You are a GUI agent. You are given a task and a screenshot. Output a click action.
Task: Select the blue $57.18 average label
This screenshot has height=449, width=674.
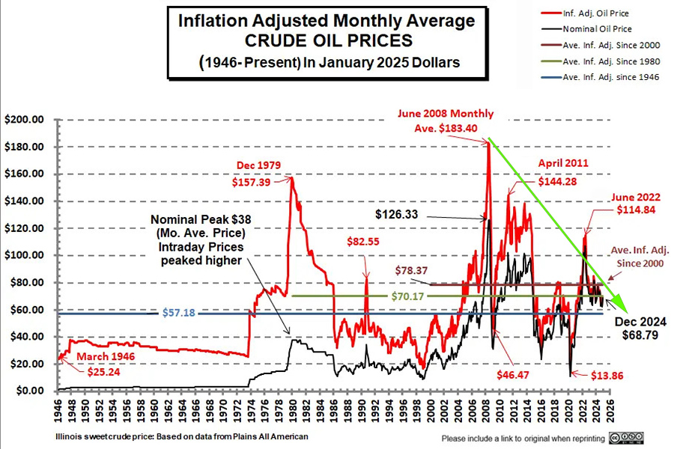178,314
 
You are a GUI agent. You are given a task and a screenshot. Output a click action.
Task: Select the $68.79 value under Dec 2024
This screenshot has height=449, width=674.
640,335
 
